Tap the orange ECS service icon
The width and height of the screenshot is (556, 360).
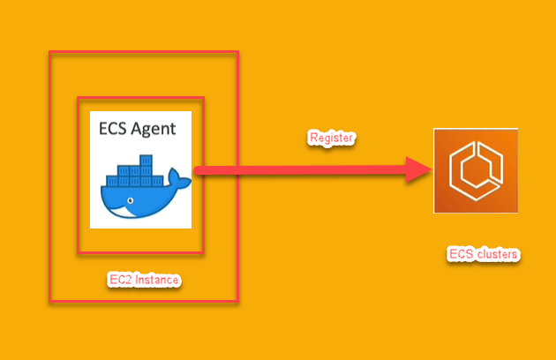point(475,170)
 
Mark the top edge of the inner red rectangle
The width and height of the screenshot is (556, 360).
point(141,99)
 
